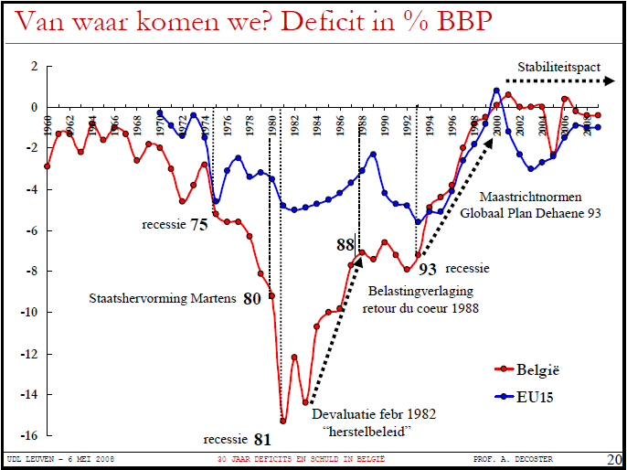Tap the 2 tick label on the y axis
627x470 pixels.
point(33,67)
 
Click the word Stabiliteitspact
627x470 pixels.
point(557,67)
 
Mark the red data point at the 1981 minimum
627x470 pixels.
point(283,421)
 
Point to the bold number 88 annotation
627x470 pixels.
point(345,244)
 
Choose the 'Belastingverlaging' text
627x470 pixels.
point(420,292)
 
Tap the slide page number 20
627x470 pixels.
point(614,458)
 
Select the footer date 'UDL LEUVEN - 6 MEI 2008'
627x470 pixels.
point(59,458)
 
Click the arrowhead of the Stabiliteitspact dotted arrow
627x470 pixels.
point(609,81)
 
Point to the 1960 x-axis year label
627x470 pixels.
point(48,124)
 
